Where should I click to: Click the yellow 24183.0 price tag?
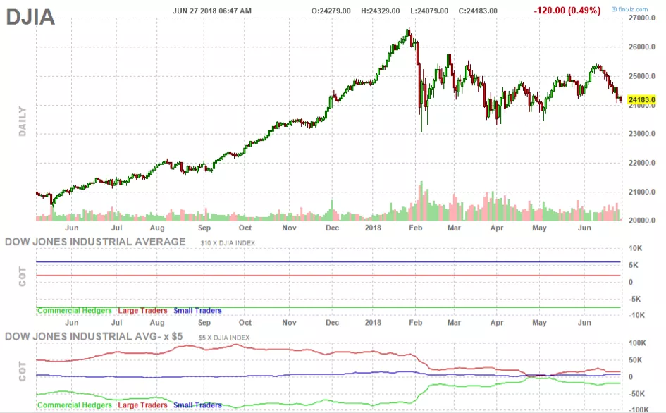[x=641, y=100]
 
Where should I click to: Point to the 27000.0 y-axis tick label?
[x=642, y=18]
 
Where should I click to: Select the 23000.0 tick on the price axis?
[x=642, y=134]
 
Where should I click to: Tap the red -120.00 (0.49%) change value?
[x=567, y=10]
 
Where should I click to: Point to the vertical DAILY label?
[x=22, y=121]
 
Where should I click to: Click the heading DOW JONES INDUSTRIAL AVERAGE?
[x=96, y=242]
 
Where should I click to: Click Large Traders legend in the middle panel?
[x=142, y=310]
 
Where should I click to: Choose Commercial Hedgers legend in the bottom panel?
[x=74, y=405]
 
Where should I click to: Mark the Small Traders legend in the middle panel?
[x=197, y=310]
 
